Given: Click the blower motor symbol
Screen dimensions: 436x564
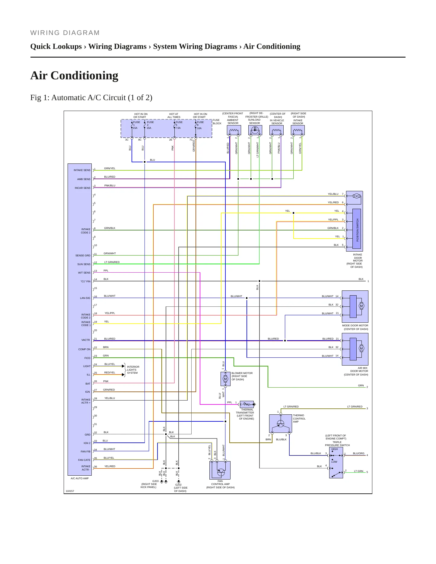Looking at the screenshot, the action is coord(225,379).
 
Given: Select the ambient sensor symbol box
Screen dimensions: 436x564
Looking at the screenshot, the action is coord(234,130).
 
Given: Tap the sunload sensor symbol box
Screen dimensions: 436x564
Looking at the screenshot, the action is coord(255,130).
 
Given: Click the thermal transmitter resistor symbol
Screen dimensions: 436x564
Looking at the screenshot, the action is coord(247,404).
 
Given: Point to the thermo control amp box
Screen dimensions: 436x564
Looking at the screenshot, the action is coord(280,424).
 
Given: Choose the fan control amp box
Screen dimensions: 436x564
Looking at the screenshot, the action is coord(220,470).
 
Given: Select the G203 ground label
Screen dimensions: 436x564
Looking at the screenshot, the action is coord(155,481).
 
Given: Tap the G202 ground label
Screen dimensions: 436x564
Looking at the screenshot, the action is coord(178,485).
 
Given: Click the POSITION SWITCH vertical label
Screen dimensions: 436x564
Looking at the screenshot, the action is coord(358,230).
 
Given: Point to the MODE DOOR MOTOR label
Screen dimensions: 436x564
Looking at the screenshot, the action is coord(355,326).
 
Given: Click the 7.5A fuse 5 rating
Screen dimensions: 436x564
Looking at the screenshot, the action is coord(178,128).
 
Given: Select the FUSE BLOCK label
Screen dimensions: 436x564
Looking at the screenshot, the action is coord(217,122).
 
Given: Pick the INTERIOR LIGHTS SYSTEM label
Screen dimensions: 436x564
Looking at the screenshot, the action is coord(133,370).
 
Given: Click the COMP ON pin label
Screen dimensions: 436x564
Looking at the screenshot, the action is coord(84,349).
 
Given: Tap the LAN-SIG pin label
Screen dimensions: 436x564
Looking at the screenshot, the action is coord(85,298).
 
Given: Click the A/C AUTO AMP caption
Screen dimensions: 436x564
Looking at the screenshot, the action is coord(80,478).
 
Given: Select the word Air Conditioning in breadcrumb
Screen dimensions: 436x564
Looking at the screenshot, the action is coord(272,46).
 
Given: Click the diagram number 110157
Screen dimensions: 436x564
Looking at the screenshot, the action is coord(70,491).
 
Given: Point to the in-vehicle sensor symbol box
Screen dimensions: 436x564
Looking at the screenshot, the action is coord(276,130).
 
